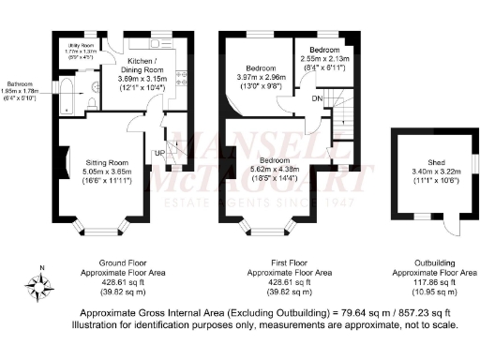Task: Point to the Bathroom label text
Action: pyautogui.click(x=21, y=82)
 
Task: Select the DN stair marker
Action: pyautogui.click(x=317, y=97)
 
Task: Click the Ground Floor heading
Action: pyautogui.click(x=121, y=263)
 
